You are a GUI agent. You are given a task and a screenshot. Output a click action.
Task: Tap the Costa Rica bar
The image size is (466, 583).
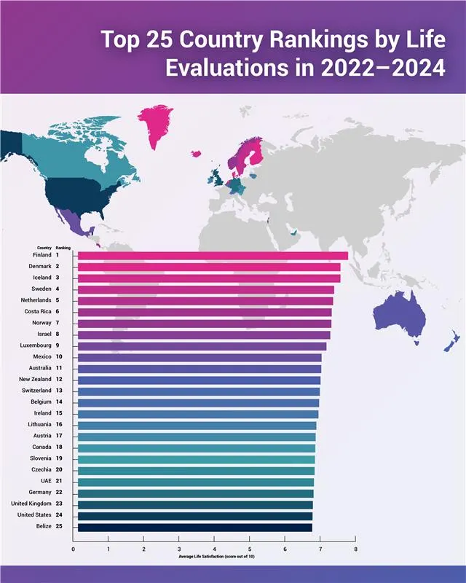tap(205, 312)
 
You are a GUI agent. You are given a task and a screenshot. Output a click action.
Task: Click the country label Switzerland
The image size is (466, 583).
tap(36, 391)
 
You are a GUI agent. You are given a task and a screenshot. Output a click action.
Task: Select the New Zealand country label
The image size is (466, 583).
tap(35, 380)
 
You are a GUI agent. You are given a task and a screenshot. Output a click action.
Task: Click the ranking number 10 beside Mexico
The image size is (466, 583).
tap(59, 357)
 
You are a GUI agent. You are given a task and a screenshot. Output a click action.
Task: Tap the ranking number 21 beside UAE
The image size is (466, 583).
tap(59, 482)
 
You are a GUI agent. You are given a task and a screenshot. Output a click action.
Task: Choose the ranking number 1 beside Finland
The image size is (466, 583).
tap(57, 255)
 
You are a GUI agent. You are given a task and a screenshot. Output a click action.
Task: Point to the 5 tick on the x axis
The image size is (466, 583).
tap(250, 549)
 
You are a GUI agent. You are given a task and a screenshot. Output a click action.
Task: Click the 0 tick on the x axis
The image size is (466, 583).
tap(74, 549)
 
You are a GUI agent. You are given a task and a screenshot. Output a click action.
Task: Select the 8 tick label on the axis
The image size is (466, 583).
tap(355, 549)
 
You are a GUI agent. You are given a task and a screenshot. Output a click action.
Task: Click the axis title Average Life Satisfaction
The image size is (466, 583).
tap(216, 557)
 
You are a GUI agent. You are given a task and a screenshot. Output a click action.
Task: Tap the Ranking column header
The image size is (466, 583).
tap(63, 248)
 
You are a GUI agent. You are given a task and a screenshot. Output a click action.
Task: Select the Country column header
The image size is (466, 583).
tap(44, 248)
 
